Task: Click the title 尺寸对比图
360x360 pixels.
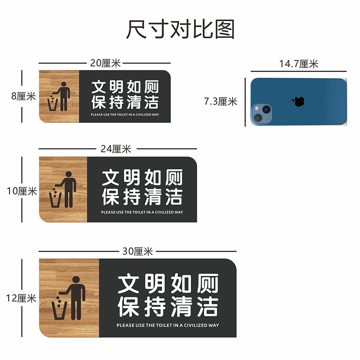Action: [180, 30]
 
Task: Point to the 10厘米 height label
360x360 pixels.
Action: [22, 191]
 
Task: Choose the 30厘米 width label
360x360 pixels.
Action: [138, 252]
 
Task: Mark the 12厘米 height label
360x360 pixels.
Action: [21, 298]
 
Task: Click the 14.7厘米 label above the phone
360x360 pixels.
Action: [298, 64]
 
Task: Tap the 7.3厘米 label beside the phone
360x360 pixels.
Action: [220, 102]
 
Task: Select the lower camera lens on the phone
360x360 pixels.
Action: [258, 118]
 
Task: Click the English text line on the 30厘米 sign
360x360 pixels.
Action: [167, 325]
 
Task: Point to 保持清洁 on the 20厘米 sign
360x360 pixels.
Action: [125, 103]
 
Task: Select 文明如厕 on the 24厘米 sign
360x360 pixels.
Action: [142, 178]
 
